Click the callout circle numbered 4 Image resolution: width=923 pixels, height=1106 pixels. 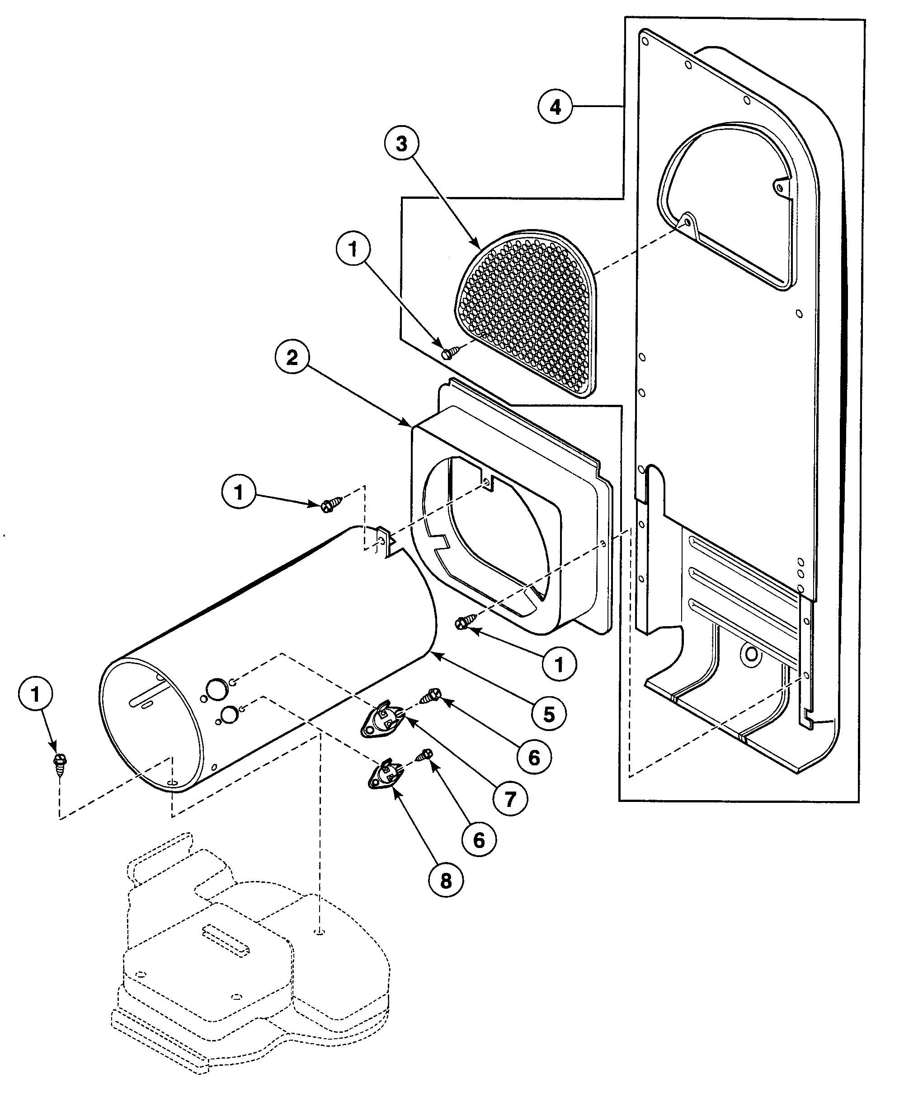tap(555, 107)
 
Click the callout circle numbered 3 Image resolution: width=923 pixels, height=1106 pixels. tap(401, 143)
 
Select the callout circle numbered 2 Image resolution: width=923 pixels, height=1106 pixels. tap(292, 358)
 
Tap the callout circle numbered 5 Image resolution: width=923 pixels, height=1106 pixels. tap(548, 714)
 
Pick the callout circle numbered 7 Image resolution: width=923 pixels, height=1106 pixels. tap(509, 800)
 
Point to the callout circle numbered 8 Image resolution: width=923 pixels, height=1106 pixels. tap(446, 880)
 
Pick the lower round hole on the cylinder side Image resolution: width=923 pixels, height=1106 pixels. tap(229, 715)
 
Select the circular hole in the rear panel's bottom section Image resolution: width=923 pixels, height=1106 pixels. tap(751, 655)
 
